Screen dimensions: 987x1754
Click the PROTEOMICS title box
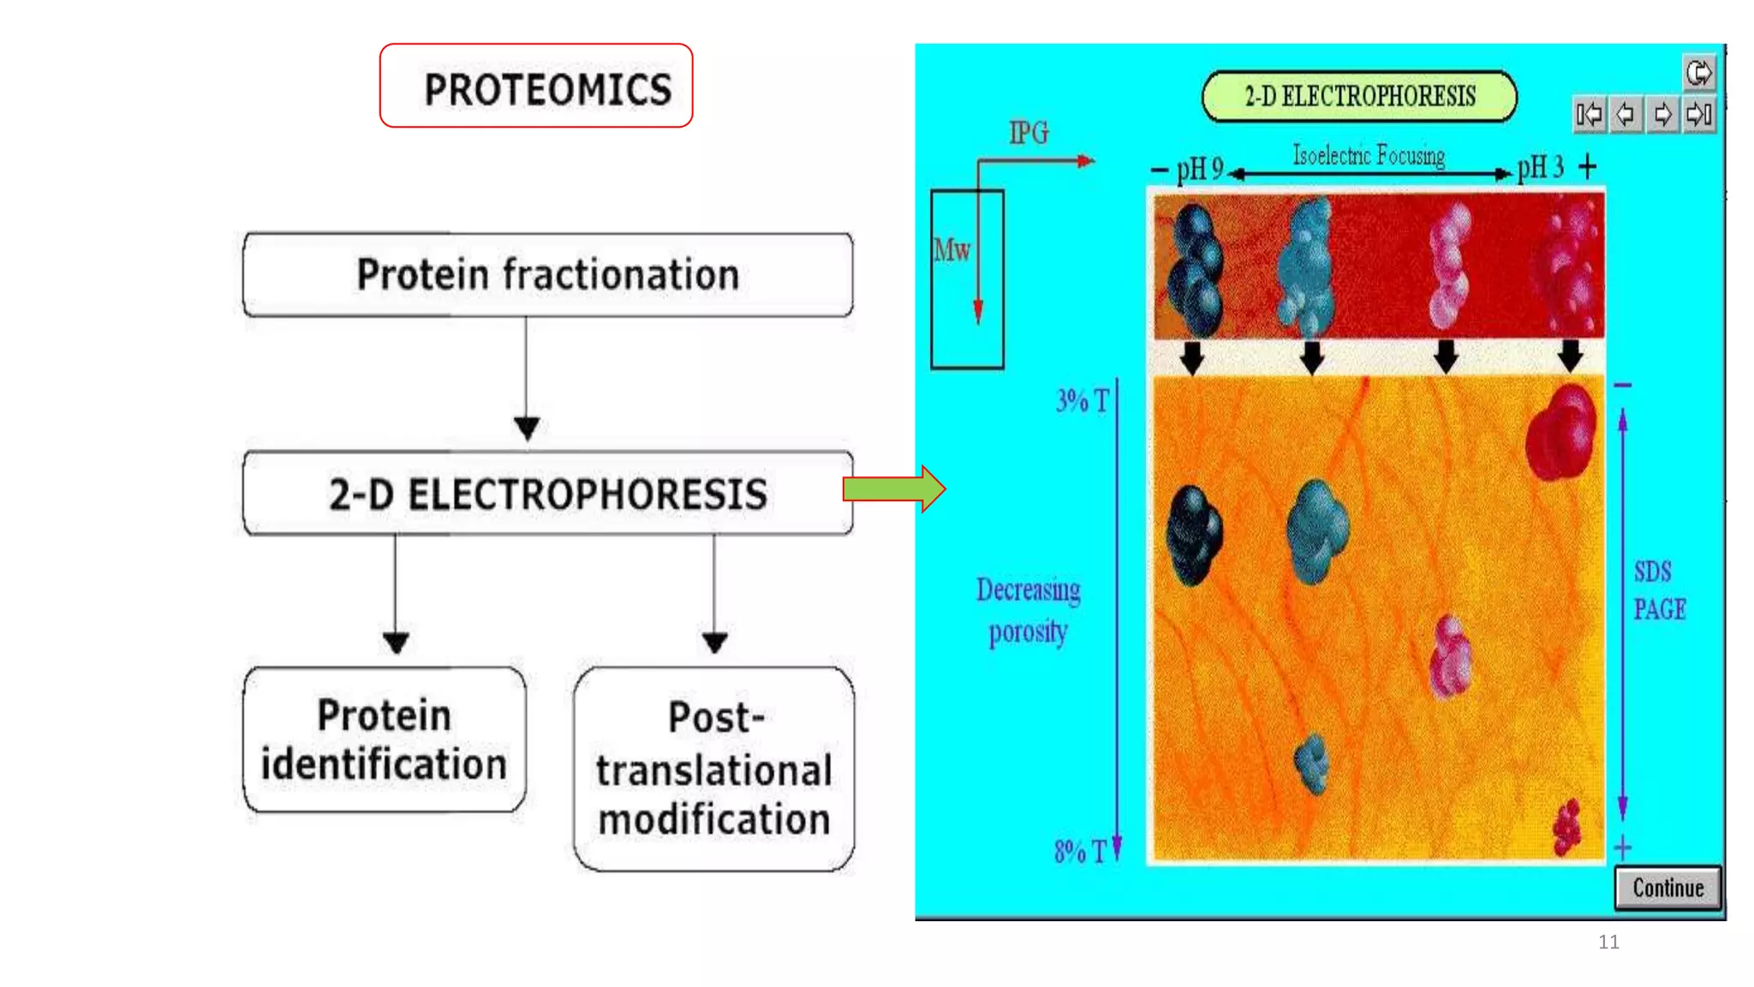(x=536, y=87)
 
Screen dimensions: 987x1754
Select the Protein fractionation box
(x=547, y=275)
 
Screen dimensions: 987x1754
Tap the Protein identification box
(x=384, y=740)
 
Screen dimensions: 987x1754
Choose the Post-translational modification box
(x=713, y=769)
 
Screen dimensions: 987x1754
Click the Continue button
(x=1667, y=888)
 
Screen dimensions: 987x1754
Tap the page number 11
(x=1608, y=942)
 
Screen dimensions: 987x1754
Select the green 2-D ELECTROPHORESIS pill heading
(x=1359, y=96)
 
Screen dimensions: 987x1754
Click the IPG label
(x=1029, y=133)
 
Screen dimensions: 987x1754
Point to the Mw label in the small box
(x=952, y=250)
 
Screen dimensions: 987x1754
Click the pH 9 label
(x=1199, y=169)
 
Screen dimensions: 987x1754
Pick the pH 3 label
(x=1540, y=167)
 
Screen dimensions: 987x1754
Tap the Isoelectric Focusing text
(x=1368, y=155)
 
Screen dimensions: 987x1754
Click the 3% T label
(x=1082, y=400)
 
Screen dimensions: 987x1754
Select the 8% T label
(x=1080, y=851)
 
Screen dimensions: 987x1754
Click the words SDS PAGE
(x=1658, y=590)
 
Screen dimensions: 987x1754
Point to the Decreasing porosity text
(x=1028, y=610)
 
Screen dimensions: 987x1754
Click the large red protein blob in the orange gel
(x=1562, y=431)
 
